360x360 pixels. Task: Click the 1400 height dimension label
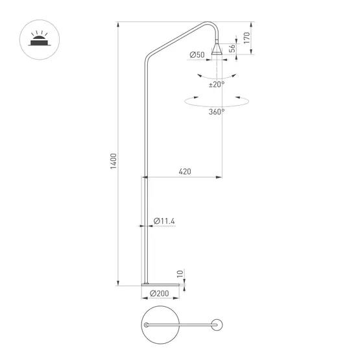pos(114,162)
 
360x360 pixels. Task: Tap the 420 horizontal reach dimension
pos(184,172)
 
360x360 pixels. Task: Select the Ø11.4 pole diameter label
pos(165,221)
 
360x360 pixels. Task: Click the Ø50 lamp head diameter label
pos(197,54)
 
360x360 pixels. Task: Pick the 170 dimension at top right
pos(247,38)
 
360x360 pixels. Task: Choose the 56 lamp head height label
pos(231,51)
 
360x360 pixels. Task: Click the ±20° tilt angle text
pos(216,84)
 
